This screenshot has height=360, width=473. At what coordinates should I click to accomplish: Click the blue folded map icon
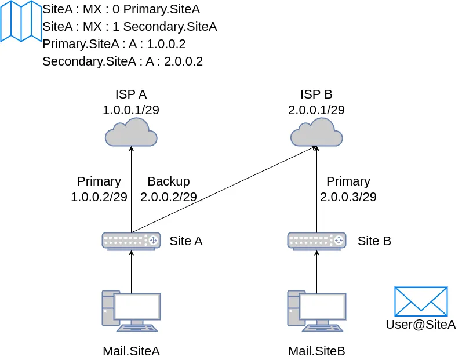click(x=21, y=21)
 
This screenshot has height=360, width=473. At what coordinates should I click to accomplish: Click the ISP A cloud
click(x=131, y=133)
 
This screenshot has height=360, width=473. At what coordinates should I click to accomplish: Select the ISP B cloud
click(x=316, y=133)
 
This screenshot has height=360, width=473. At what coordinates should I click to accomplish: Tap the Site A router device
click(x=131, y=241)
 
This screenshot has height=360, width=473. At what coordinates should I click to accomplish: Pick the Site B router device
click(x=316, y=241)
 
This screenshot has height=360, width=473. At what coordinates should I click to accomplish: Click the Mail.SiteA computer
click(x=131, y=311)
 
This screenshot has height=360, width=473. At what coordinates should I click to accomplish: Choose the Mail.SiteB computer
click(x=316, y=311)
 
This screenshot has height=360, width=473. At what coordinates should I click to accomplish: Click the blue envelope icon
click(x=421, y=301)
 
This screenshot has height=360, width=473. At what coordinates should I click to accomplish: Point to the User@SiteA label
click(x=421, y=325)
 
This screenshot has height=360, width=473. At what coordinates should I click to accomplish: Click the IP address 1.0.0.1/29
click(x=131, y=110)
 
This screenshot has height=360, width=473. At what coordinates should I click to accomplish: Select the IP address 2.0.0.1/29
click(x=316, y=110)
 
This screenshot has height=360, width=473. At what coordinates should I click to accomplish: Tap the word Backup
click(x=169, y=181)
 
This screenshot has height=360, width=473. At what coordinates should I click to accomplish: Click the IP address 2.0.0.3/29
click(x=348, y=197)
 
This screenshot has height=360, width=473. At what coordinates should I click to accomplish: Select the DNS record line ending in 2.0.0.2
click(x=122, y=61)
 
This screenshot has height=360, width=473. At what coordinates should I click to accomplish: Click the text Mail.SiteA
click(x=131, y=351)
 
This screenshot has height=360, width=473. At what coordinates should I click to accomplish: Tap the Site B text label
click(x=374, y=241)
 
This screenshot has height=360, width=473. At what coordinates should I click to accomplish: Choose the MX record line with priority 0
click(x=121, y=9)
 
